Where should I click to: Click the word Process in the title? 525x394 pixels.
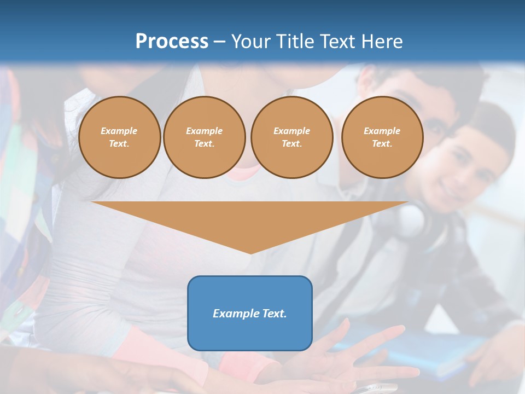coord(172,42)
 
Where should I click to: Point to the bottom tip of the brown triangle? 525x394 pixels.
coord(250,252)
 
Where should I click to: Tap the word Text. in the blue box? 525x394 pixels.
coord(274,314)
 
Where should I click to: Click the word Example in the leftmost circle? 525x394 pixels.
coord(119,131)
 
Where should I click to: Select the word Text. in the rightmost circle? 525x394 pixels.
coord(382,144)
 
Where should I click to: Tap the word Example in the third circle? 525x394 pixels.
coord(291,131)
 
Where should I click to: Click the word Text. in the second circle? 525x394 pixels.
coord(204,144)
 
